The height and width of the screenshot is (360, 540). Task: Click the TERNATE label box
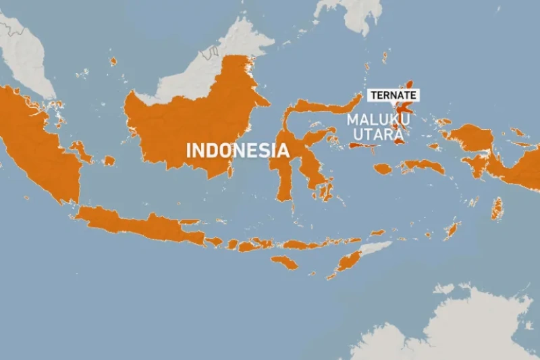click(391, 95)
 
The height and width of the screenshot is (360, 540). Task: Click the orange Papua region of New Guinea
click(520, 169)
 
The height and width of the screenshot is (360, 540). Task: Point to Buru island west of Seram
click(383, 169)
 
